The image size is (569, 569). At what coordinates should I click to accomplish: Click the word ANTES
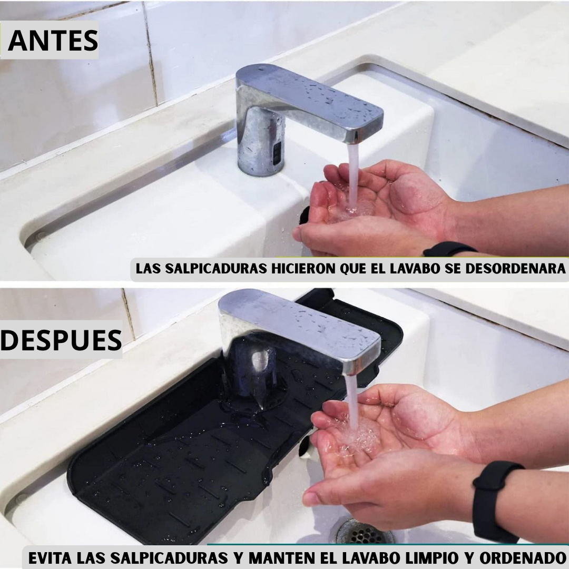pos(53,40)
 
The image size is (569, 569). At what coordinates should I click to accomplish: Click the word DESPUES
pos(61,340)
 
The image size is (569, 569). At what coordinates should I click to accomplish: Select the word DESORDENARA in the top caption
pos(515,269)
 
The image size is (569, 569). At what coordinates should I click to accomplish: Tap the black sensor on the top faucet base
pos(277,152)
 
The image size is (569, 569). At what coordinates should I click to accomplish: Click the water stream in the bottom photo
pos(352,403)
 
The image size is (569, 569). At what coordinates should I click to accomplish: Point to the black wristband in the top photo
pos(449,249)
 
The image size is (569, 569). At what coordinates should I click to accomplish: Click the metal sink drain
pos(363,532)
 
